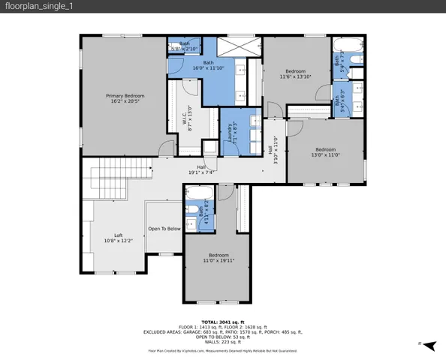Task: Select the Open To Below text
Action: point(164,228)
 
